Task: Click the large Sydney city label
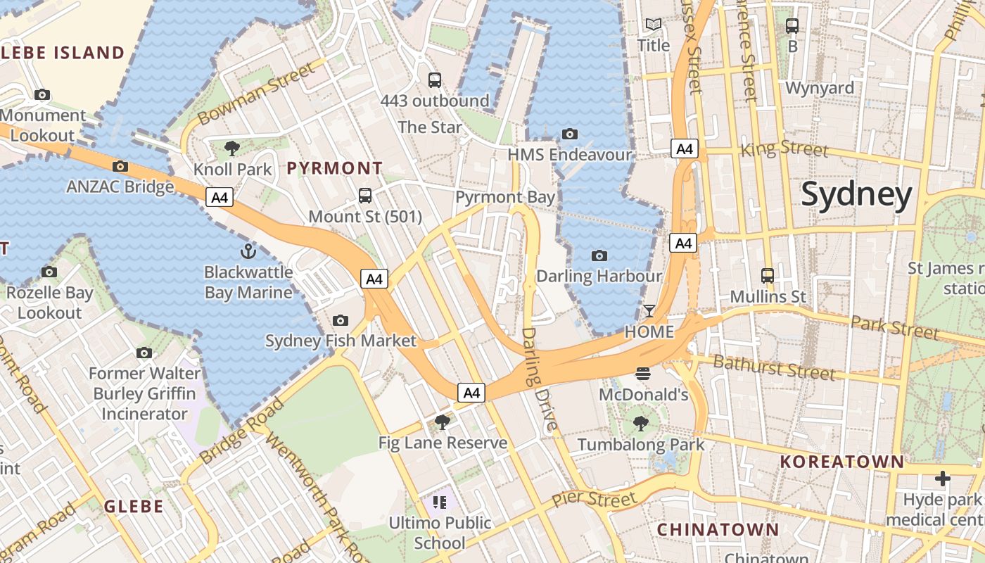856,194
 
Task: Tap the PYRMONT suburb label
335,168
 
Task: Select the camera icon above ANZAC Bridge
120,167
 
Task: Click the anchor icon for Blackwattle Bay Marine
248,251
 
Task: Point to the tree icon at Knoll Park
231,148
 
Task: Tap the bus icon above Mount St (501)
364,196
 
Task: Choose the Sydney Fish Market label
341,341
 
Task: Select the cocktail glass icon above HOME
649,310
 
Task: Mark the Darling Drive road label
540,378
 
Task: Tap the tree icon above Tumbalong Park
640,423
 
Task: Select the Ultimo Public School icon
440,502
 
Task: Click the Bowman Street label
257,94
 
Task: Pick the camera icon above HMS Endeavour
570,134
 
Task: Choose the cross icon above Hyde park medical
942,479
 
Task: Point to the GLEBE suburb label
134,506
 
